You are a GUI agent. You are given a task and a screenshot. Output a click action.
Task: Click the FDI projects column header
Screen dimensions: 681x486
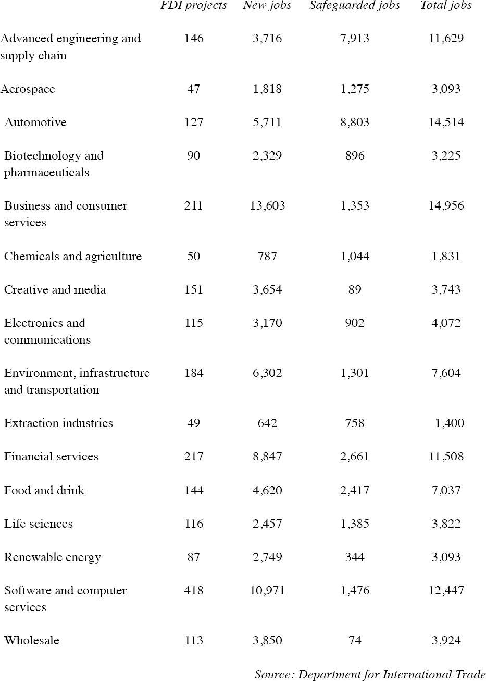click(x=194, y=6)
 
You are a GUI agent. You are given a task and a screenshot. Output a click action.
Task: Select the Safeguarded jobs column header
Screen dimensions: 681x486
click(x=355, y=6)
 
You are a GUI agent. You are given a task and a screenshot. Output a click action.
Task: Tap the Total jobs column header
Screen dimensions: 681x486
click(x=446, y=6)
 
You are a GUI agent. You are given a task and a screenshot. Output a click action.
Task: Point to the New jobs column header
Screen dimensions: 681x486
click(x=267, y=6)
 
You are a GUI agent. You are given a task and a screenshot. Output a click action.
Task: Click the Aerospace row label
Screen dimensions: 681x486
click(x=28, y=89)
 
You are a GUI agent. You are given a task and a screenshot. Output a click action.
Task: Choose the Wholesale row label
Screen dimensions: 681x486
click(x=32, y=641)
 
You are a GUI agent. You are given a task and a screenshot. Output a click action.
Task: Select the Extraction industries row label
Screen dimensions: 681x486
click(x=58, y=423)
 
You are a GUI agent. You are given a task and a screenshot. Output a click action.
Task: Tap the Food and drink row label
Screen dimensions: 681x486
click(x=44, y=491)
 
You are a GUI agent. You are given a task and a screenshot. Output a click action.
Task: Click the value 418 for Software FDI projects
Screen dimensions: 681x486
click(x=194, y=591)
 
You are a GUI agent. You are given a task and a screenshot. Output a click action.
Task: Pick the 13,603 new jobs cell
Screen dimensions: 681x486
click(x=267, y=206)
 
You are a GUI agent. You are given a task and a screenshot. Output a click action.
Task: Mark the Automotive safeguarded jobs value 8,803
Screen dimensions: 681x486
click(x=355, y=123)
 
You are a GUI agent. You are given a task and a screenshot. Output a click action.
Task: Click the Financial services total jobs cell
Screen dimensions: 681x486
click(x=446, y=457)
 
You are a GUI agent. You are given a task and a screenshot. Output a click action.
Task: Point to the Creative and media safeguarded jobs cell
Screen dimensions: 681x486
click(x=355, y=290)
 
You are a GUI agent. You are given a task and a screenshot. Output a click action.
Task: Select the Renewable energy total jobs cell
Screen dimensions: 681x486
click(x=446, y=557)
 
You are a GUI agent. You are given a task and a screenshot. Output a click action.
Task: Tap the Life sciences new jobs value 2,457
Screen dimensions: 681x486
click(x=267, y=524)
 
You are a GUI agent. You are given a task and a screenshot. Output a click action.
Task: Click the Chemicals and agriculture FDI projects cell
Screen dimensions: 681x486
click(x=194, y=257)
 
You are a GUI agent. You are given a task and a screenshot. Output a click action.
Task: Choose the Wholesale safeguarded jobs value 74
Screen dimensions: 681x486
click(x=355, y=641)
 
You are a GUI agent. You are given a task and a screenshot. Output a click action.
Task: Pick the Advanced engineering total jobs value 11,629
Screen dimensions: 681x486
click(x=446, y=39)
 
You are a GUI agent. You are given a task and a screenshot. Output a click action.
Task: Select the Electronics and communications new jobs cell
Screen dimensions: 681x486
click(x=267, y=323)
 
